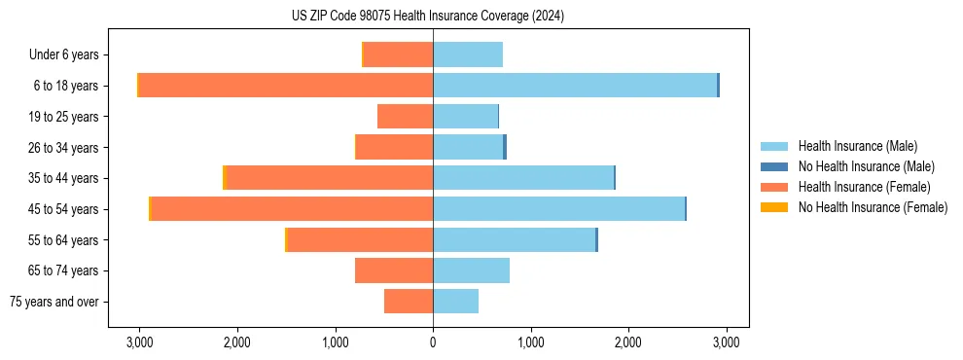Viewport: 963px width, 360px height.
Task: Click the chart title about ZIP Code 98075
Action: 427,17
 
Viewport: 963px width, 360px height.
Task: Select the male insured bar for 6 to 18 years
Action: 575,86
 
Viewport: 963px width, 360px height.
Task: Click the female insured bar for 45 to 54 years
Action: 292,209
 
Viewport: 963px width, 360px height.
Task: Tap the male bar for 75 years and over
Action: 455,302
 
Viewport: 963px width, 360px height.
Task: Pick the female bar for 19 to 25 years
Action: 405,117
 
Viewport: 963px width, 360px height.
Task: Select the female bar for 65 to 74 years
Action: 394,270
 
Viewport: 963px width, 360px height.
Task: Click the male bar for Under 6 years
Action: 468,54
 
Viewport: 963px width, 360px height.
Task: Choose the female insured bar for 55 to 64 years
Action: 360,240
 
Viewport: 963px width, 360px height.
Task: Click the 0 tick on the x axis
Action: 433,342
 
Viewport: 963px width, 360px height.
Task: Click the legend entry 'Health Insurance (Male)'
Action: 857,146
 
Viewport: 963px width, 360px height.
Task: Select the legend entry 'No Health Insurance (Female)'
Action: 873,207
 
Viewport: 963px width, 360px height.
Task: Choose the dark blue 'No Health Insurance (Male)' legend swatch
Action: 774,166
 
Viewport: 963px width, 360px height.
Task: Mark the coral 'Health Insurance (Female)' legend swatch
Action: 774,187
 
